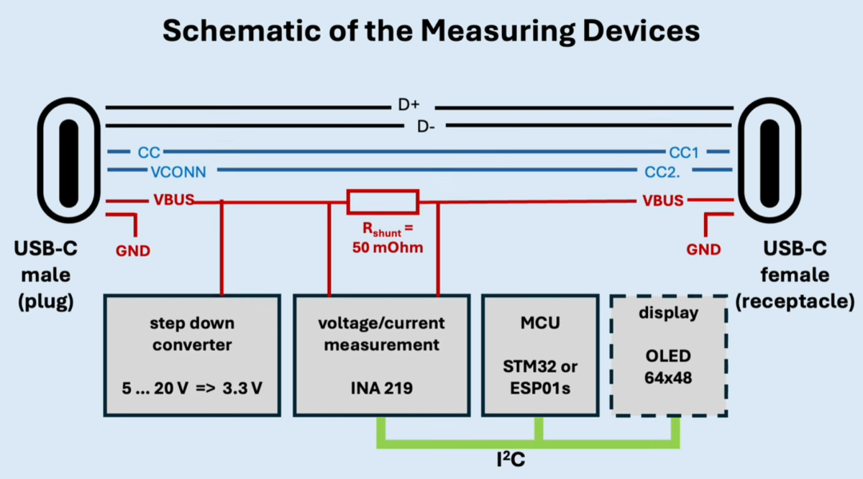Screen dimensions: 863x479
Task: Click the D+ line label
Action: [408, 105]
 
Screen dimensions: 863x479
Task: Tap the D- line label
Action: [425, 127]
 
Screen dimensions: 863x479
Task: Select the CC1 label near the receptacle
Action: [683, 152]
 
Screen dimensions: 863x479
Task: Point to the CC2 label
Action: [662, 172]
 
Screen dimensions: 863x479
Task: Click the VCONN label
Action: [178, 172]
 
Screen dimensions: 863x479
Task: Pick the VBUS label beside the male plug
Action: [174, 200]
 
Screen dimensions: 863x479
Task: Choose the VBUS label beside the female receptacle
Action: [662, 200]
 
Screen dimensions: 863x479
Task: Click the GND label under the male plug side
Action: [133, 251]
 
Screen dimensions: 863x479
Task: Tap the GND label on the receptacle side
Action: [703, 250]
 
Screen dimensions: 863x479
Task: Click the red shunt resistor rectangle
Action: [383, 202]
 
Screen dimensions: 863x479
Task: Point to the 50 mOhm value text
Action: [388, 247]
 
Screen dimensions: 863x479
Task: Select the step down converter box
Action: [192, 355]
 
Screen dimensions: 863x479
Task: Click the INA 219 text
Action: [381, 388]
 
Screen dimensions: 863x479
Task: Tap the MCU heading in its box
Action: [540, 323]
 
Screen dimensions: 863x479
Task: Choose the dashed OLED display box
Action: [669, 356]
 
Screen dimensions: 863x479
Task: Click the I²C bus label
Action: [511, 459]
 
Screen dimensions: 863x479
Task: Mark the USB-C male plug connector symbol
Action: [69, 160]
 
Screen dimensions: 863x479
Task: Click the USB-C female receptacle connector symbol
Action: [770, 160]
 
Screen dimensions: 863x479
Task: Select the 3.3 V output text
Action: [242, 388]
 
